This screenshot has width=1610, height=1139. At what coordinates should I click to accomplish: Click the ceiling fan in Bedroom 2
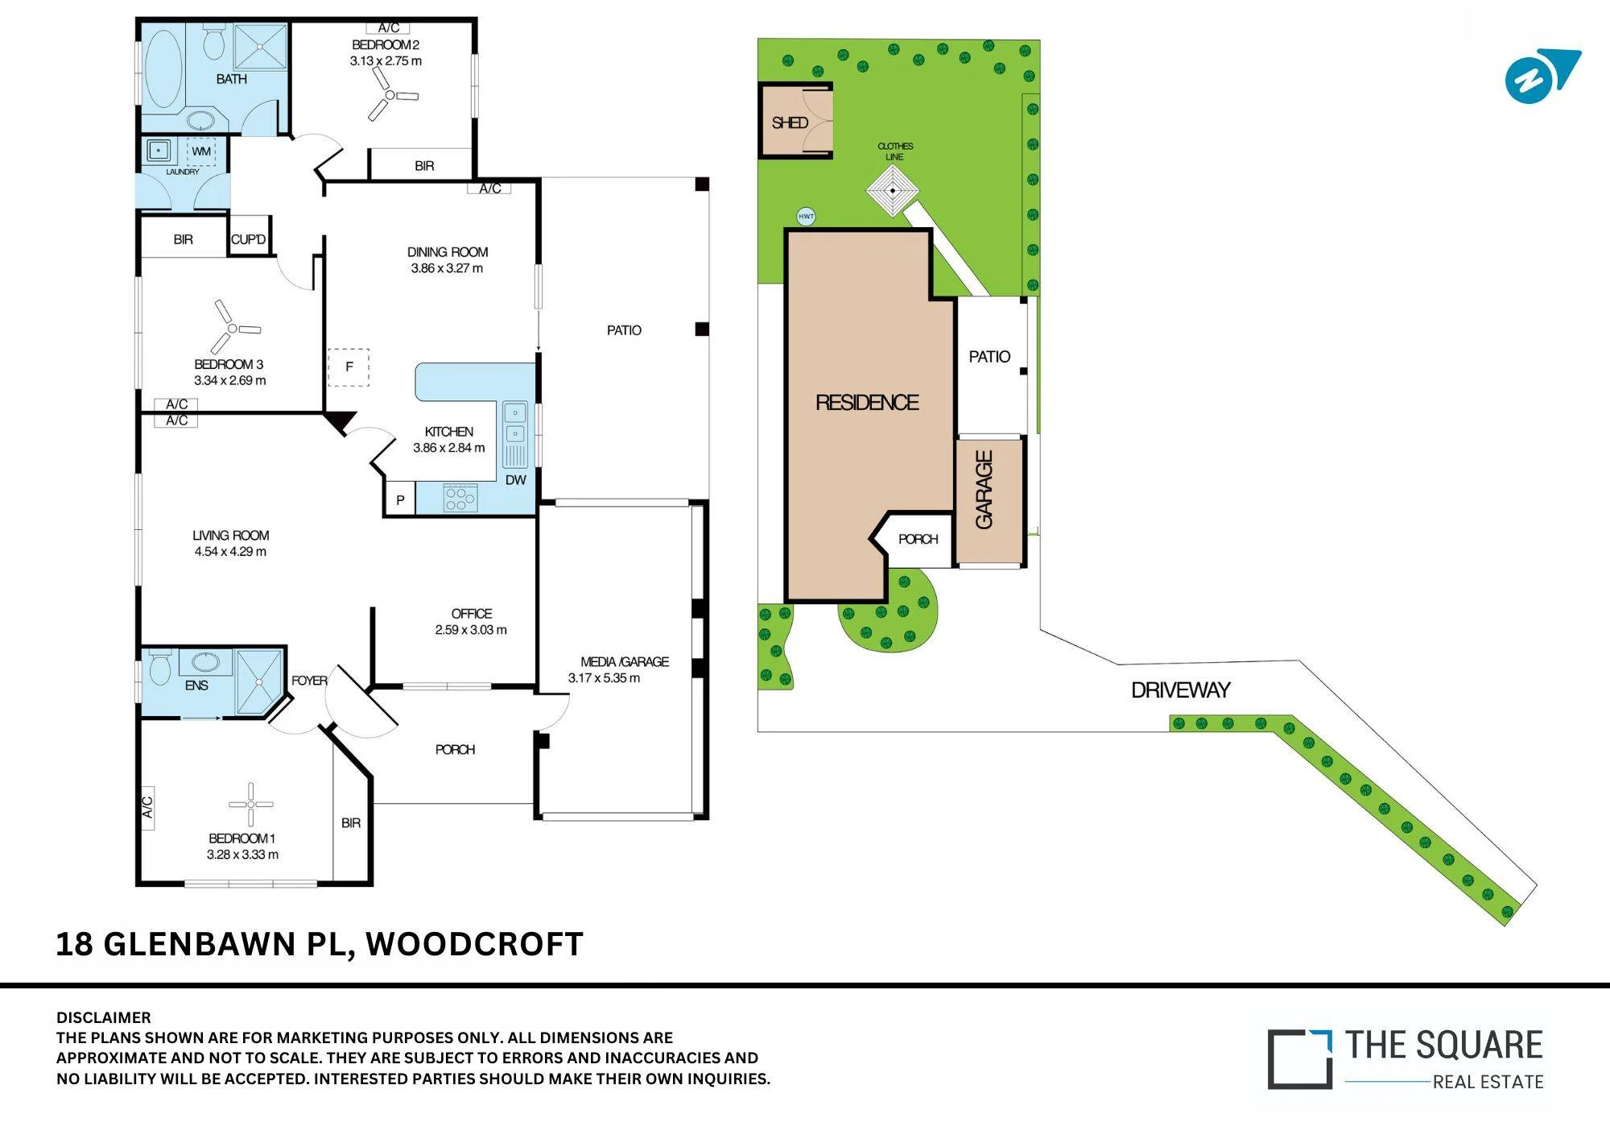click(390, 95)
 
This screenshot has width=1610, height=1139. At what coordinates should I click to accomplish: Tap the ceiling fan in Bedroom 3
click(233, 328)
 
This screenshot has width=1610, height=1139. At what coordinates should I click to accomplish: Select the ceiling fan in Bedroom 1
click(251, 804)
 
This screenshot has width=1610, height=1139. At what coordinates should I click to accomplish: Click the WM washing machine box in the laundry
click(201, 151)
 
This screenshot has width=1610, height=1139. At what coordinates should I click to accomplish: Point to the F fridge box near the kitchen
click(349, 367)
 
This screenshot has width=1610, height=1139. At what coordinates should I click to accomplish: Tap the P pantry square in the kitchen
click(400, 499)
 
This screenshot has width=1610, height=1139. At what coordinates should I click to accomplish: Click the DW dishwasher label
click(516, 480)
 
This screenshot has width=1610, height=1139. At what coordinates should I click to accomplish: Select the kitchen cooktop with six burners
click(460, 498)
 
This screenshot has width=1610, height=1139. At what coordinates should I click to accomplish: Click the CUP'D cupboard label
click(248, 239)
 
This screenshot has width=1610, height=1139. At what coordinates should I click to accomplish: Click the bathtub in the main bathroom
click(163, 69)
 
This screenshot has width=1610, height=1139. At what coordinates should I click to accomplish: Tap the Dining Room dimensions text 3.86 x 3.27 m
click(447, 268)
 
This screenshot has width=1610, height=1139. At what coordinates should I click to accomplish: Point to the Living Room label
click(231, 535)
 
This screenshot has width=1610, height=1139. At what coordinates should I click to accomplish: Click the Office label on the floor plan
click(472, 613)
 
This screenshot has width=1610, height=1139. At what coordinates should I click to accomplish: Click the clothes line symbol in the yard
click(893, 191)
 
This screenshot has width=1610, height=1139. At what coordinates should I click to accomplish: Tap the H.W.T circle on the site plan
click(806, 216)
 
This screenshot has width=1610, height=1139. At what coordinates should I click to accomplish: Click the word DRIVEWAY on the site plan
click(1181, 690)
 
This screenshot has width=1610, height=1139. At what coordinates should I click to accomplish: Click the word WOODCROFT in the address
click(475, 944)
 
